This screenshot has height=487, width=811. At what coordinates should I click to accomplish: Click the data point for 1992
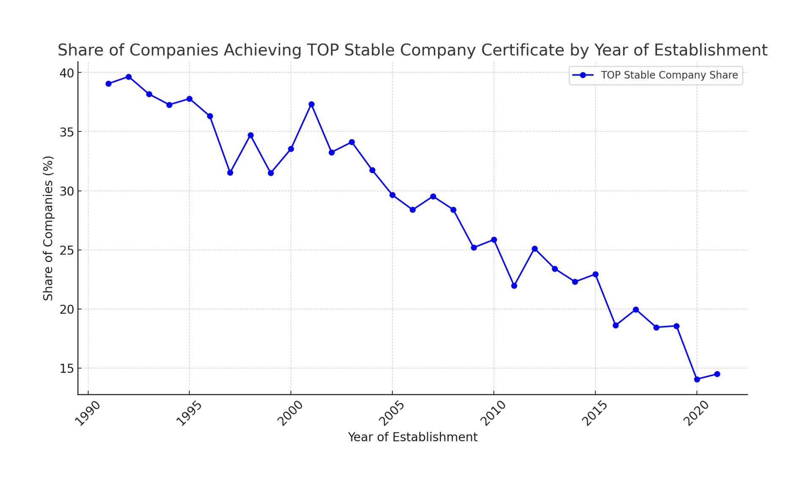(129, 77)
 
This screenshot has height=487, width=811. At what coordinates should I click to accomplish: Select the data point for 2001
(311, 104)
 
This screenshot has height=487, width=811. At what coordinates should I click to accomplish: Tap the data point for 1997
(230, 173)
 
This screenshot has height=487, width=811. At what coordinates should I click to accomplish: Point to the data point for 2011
(514, 286)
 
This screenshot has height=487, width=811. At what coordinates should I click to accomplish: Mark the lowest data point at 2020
(697, 380)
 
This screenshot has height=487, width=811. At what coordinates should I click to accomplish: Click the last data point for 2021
(717, 374)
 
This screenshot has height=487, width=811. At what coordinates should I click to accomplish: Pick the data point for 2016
(616, 326)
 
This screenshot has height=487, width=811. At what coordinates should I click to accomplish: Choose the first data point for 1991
(109, 84)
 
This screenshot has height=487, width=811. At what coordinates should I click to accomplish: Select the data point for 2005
(392, 195)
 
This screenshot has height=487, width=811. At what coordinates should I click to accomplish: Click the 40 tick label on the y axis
(67, 73)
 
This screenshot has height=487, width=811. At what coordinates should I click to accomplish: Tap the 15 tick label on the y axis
(67, 369)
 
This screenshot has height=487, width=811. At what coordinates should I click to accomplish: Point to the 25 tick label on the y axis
(67, 250)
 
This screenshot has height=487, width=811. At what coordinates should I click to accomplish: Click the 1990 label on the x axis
(87, 413)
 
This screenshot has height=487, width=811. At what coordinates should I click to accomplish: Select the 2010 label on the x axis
(493, 413)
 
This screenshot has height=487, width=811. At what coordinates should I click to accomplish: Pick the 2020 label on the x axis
(696, 413)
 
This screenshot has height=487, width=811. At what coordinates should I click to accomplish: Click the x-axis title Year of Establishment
(413, 437)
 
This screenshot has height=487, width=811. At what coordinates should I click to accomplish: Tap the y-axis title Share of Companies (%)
(48, 228)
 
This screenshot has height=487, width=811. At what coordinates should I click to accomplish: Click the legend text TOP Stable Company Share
(669, 75)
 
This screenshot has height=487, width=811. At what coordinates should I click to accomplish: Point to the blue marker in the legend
(583, 75)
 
